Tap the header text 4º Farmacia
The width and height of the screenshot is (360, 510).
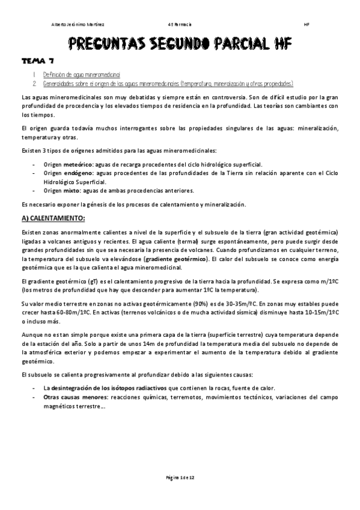180,25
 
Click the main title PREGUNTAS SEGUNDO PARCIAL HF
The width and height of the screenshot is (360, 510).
178,43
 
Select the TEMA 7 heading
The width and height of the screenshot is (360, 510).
38,61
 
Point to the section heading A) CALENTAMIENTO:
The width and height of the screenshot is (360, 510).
53,217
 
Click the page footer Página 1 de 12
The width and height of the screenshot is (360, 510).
180,476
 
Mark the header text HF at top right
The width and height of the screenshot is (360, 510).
307,25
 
